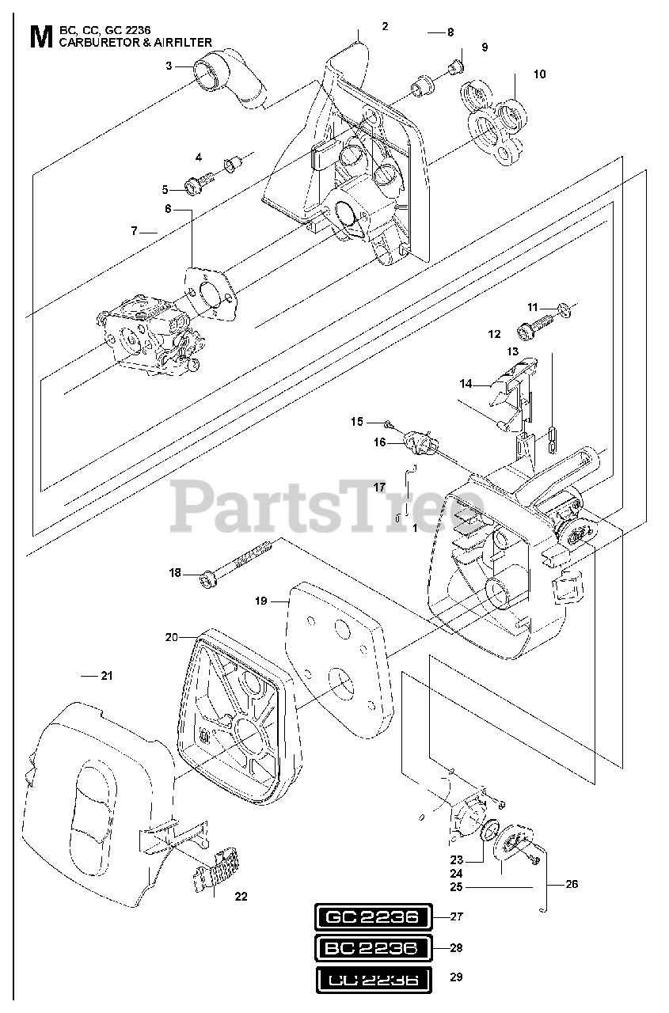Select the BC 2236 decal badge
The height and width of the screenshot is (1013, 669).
coord(371,947)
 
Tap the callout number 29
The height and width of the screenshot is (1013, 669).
coord(455,977)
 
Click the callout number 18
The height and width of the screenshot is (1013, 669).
coord(175,572)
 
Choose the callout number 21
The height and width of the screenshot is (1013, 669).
coord(106,675)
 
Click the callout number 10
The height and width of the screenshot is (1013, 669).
coord(539,74)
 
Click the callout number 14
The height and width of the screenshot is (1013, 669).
coord(466,384)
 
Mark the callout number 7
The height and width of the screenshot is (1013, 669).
coord(135,231)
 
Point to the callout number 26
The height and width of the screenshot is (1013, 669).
coord(572,884)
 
